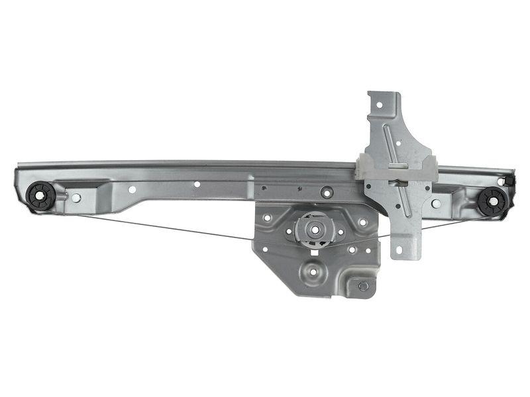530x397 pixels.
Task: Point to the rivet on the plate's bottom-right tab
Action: pyautogui.click(x=363, y=286)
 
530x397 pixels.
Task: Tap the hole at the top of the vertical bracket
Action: pyautogui.click(x=380, y=105)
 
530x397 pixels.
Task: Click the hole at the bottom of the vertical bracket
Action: pyautogui.click(x=398, y=250)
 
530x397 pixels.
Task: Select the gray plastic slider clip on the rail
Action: pyautogui.click(x=396, y=168)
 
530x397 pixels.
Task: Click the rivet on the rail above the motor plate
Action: pyautogui.click(x=326, y=193)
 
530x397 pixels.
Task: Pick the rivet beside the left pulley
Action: pyautogui.click(x=76, y=197)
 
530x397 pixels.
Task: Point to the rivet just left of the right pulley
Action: pyautogui.click(x=436, y=203)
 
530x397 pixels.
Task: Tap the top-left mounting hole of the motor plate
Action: pyautogui.click(x=267, y=217)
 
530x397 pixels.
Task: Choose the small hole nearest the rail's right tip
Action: pyautogui.click(x=501, y=181)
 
